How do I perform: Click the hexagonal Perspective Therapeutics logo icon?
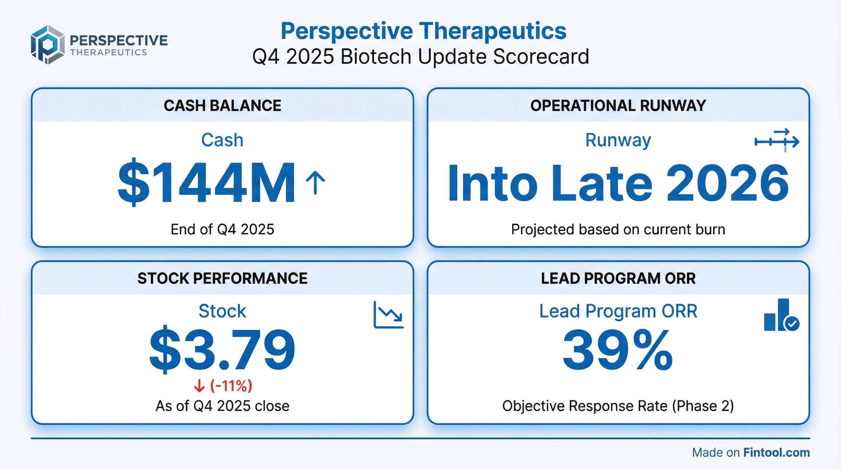pyautogui.click(x=48, y=45)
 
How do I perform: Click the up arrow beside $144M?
pyautogui.click(x=315, y=183)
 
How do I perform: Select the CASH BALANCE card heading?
pyautogui.click(x=222, y=106)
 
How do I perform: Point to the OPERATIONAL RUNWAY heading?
pyautogui.click(x=618, y=106)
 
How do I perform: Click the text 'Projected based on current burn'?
pyautogui.click(x=618, y=229)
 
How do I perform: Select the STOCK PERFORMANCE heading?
pyautogui.click(x=222, y=278)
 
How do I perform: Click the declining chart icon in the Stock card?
pyautogui.click(x=388, y=315)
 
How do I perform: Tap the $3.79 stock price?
pyautogui.click(x=222, y=350)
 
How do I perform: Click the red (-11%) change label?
pyautogui.click(x=231, y=386)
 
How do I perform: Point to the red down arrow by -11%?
pyautogui.click(x=199, y=386)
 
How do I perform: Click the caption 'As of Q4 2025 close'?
pyautogui.click(x=222, y=406)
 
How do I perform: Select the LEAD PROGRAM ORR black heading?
pyautogui.click(x=618, y=278)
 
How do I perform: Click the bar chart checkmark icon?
pyautogui.click(x=781, y=316)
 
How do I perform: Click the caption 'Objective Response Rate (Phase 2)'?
pyautogui.click(x=618, y=406)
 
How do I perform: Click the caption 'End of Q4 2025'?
pyautogui.click(x=222, y=229)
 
